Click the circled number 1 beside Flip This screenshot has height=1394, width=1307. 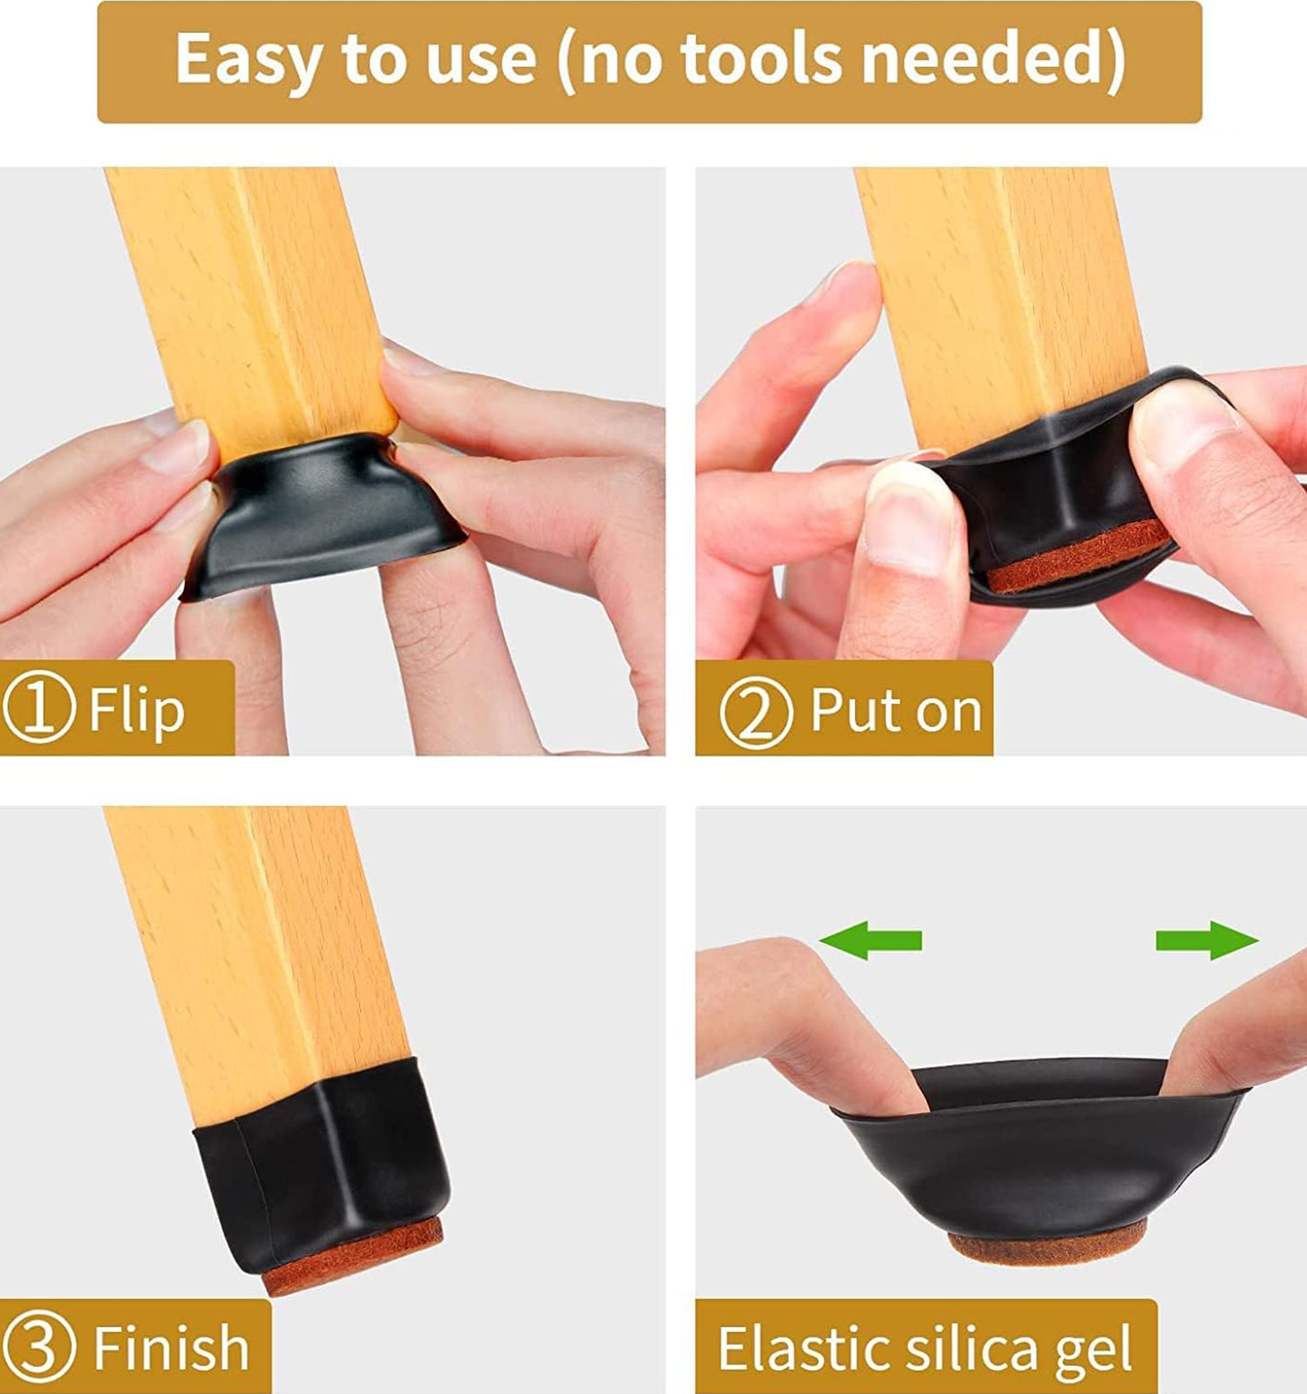(39, 710)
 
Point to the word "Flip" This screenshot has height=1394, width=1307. (137, 711)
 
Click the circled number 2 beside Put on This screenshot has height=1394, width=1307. (756, 712)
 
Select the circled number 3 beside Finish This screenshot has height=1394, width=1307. (39, 1348)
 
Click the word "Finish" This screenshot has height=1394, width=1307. (171, 1347)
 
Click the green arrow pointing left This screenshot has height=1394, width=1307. (870, 940)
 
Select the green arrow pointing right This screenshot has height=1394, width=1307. (1207, 940)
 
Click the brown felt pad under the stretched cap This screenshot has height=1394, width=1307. (1047, 1242)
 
